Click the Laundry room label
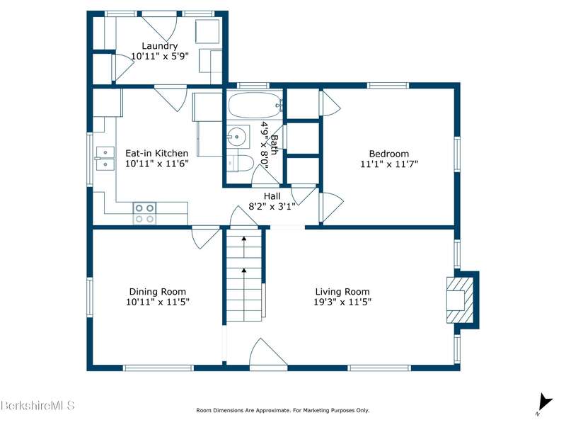160,46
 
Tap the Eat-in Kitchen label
156,153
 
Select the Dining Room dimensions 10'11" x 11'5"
157,302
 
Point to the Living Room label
342,292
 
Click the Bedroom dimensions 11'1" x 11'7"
389,164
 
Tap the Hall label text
272,196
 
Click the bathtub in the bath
255,105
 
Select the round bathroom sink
236,137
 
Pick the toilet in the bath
240,164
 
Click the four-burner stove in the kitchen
145,213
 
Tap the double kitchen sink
105,158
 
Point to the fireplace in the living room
461,300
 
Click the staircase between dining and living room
244,276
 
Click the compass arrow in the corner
545,403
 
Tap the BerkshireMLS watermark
37,405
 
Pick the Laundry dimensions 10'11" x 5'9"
160,56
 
